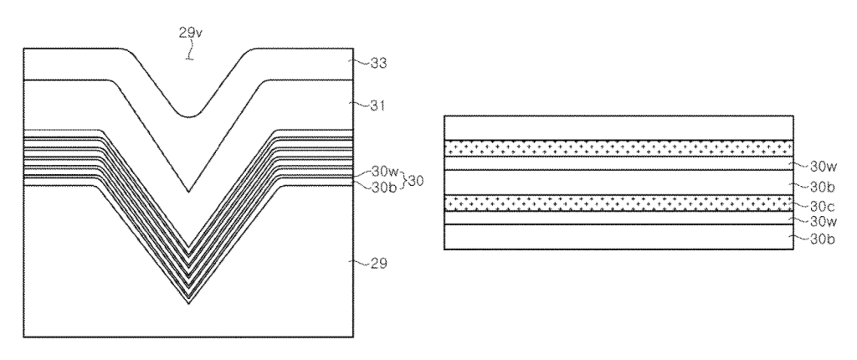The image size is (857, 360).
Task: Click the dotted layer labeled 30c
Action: click(618, 203)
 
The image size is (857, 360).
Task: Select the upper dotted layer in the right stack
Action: click(618, 148)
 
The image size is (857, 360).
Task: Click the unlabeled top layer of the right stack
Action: click(618, 128)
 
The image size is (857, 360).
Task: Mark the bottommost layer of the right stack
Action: click(618, 237)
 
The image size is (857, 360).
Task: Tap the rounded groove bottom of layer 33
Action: click(188, 116)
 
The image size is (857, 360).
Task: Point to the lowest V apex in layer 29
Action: click(188, 304)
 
